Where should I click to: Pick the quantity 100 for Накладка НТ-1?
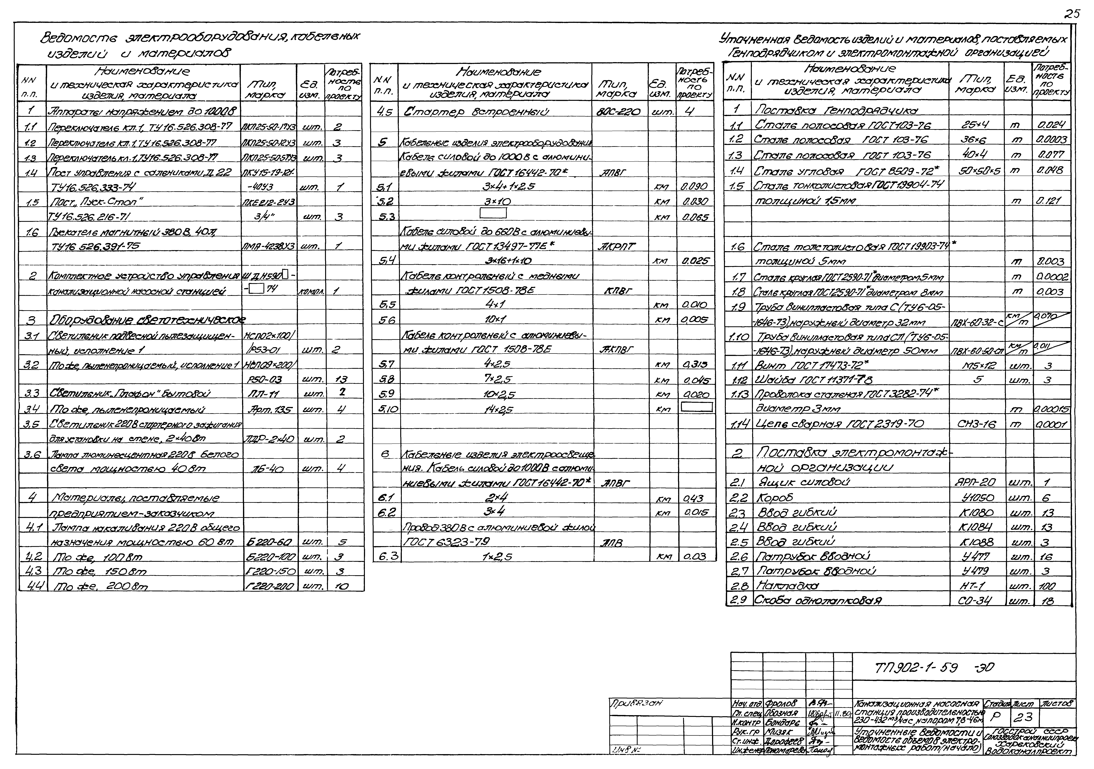[x=1048, y=586]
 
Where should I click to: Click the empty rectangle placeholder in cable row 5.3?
[x=493, y=213]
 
